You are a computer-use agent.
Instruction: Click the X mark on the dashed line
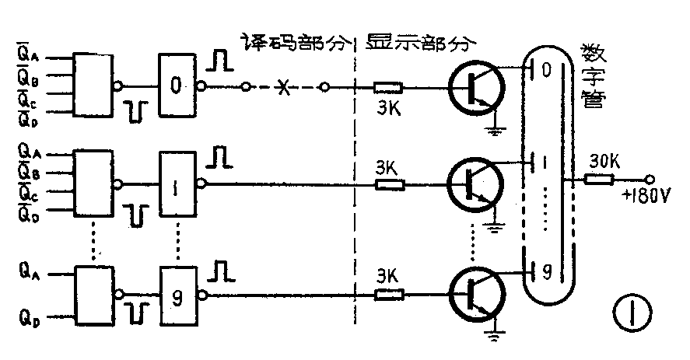[x=285, y=89]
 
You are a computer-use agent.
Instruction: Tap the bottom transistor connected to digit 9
[x=475, y=295]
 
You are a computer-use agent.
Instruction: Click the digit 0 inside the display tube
[x=546, y=70]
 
